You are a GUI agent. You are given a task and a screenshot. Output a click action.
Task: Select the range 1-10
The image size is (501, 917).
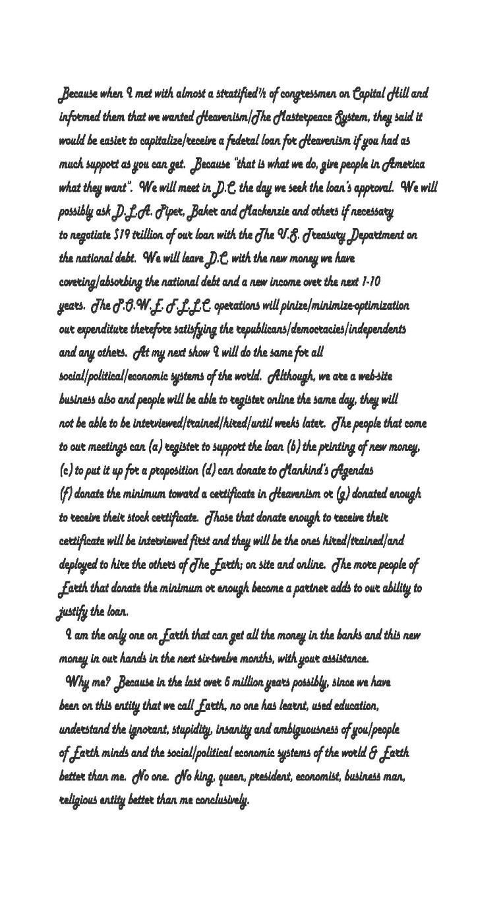coord(370,282)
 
